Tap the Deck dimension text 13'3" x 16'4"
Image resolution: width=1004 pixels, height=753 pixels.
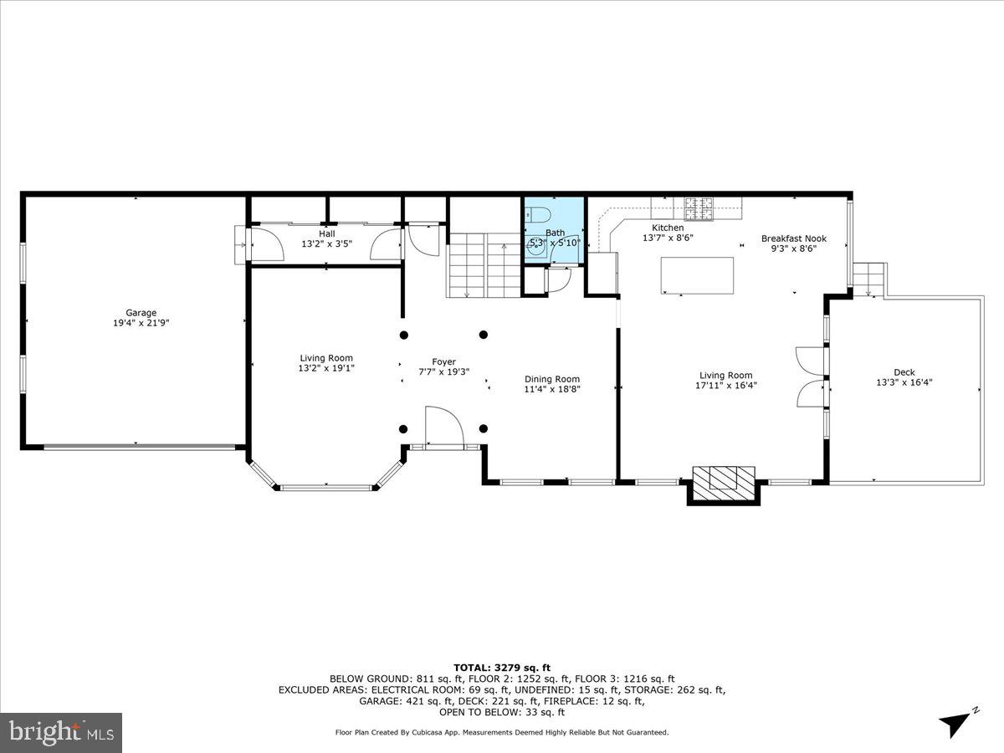[904, 382]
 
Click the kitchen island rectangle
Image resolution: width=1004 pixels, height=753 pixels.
[697, 274]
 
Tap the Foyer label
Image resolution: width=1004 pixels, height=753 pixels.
[443, 362]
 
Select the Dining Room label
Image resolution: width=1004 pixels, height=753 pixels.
[551, 379]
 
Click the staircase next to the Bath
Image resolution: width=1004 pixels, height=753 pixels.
[484, 265]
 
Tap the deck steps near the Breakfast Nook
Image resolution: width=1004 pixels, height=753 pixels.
[869, 277]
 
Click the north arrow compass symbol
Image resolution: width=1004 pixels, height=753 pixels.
[956, 721]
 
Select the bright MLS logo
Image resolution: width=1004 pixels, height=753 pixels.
[62, 732]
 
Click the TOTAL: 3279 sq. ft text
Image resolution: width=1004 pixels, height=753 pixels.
[502, 667]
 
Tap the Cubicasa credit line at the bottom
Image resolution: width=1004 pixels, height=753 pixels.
[502, 732]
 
